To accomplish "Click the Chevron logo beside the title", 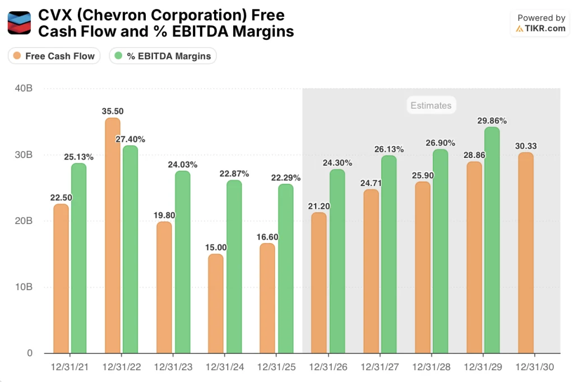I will coord(19,23).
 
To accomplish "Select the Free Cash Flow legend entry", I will coord(54,56).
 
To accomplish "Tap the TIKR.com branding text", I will coord(545,29).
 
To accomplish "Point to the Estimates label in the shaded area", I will coord(430,105).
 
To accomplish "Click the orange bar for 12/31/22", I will coord(113,235).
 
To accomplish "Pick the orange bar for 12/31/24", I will coord(216,303).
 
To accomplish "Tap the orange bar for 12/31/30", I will coord(525,253).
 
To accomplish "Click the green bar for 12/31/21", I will coord(78,258).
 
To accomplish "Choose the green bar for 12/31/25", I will coord(285,268).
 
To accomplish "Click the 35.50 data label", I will coord(113,111).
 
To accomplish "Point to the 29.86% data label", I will coord(492,120).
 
